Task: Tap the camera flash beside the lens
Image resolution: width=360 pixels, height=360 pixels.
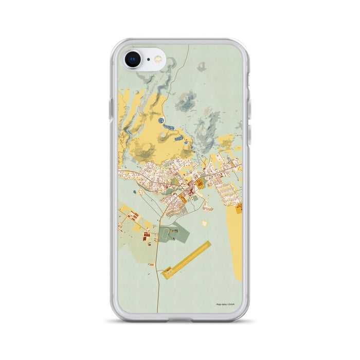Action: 158,60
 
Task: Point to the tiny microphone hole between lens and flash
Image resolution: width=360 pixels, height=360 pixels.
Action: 148,60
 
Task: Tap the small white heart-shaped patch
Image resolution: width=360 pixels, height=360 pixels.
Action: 205,224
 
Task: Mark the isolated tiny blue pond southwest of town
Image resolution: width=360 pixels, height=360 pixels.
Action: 135,192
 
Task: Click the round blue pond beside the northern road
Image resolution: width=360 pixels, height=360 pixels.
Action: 161,120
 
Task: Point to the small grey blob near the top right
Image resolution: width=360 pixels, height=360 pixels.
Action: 202,66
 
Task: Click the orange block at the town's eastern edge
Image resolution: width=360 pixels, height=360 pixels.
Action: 239,209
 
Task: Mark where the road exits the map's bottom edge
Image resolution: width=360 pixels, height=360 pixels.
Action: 157,312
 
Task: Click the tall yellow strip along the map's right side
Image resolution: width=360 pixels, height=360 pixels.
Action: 234,242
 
